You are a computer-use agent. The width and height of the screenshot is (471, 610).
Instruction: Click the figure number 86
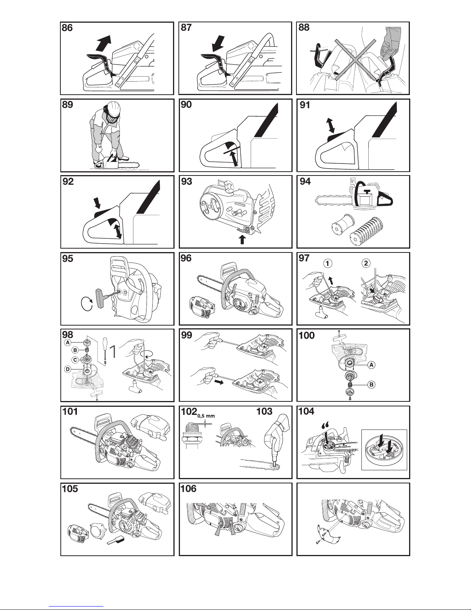click(67, 28)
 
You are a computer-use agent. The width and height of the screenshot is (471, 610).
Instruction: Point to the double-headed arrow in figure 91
click(331, 125)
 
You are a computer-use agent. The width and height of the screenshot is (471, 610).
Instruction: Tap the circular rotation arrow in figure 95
click(87, 304)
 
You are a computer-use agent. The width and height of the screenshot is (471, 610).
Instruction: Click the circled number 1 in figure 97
click(328, 263)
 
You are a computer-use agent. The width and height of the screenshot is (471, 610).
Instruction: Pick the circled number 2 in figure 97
click(366, 263)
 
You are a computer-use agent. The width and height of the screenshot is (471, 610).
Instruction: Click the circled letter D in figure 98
click(68, 369)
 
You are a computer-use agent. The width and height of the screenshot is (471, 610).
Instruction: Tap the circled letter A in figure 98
click(68, 343)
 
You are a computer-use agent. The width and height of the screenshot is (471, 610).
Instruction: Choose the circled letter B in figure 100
click(371, 384)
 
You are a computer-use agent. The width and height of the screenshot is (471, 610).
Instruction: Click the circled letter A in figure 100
click(371, 365)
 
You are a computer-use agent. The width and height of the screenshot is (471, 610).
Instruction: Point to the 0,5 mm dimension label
click(206, 416)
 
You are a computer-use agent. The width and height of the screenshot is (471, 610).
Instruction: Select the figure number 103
click(265, 411)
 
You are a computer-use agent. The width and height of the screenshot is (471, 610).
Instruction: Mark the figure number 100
click(307, 336)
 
